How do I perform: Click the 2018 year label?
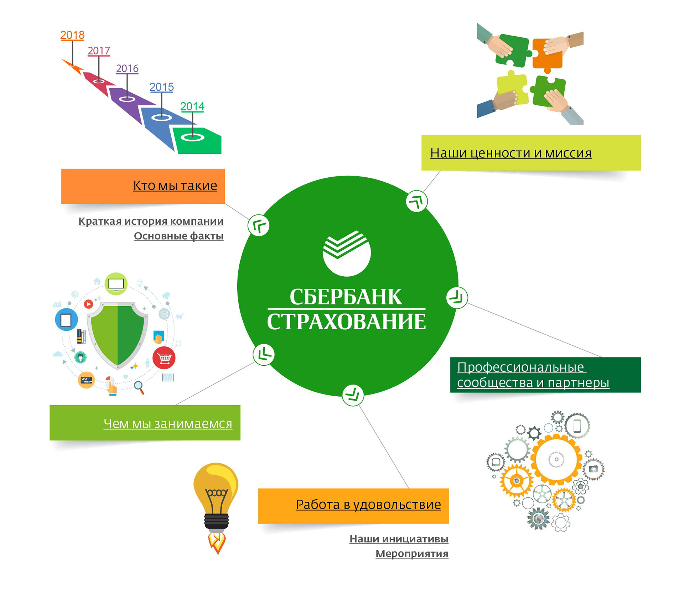pyautogui.click(x=72, y=35)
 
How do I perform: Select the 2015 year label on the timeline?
pyautogui.click(x=161, y=87)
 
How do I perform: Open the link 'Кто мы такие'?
pyautogui.click(x=175, y=186)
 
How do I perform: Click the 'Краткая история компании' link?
pyautogui.click(x=151, y=221)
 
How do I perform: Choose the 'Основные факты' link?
pyautogui.click(x=178, y=236)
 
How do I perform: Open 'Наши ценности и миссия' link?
pyautogui.click(x=511, y=153)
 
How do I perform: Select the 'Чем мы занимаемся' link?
pyautogui.click(x=168, y=423)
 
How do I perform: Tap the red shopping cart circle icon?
pyautogui.click(x=164, y=358)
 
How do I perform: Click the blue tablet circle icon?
pyautogui.click(x=66, y=320)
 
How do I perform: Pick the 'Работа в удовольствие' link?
pyautogui.click(x=368, y=505)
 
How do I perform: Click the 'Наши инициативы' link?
pyautogui.click(x=399, y=539)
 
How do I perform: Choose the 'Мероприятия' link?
pyautogui.click(x=412, y=554)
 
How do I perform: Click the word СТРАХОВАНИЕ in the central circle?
pyautogui.click(x=346, y=322)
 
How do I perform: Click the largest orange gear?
pyautogui.click(x=556, y=459)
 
